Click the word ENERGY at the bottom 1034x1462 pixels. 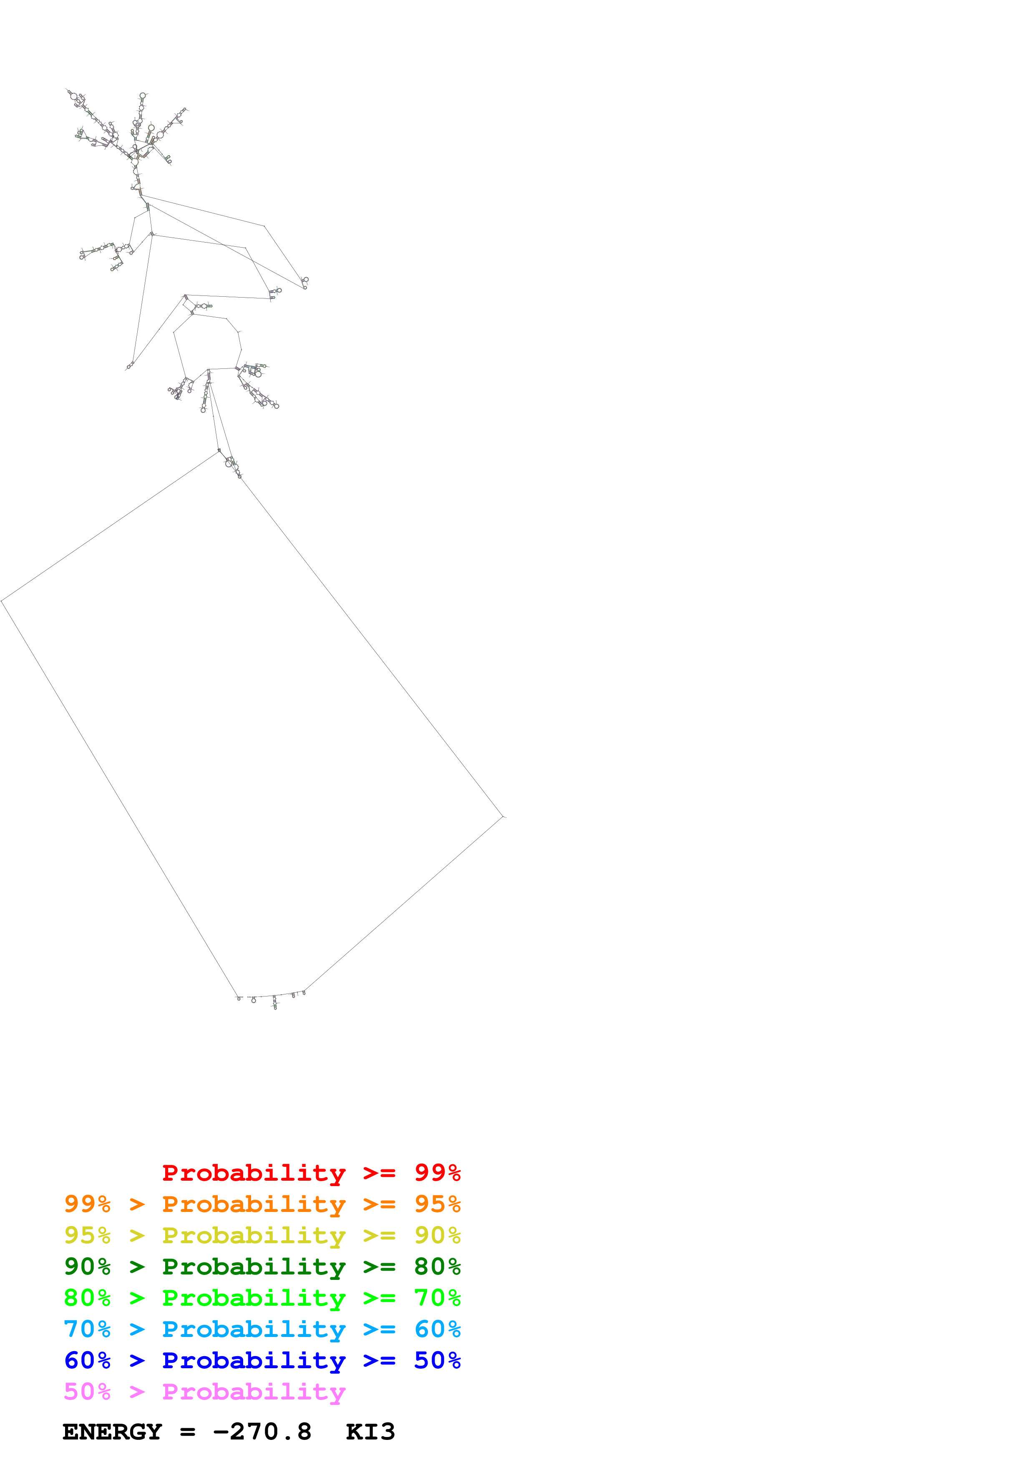(112, 1432)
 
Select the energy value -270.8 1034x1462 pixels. (262, 1432)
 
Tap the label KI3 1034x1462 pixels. (370, 1432)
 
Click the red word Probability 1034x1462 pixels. (254, 1173)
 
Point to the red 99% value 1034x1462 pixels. (437, 1172)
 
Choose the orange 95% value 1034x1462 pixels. (437, 1204)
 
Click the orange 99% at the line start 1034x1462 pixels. (87, 1204)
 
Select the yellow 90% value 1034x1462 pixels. (437, 1235)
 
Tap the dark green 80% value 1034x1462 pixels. (437, 1267)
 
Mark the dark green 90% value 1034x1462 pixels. (87, 1267)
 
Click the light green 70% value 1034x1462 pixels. (437, 1298)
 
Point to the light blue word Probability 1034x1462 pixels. (254, 1329)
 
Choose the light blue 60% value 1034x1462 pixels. (437, 1329)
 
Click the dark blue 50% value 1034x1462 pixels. (437, 1360)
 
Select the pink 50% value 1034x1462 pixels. (87, 1391)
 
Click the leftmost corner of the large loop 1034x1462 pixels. (2, 601)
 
